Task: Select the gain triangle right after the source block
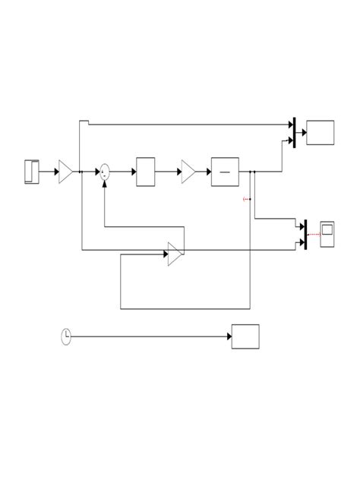(65, 172)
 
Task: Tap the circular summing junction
(105, 172)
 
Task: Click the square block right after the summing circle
(145, 172)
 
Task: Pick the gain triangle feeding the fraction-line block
(188, 172)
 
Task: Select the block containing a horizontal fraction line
(224, 172)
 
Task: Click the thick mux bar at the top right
(294, 132)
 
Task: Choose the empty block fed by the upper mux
(320, 132)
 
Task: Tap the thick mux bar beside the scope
(305, 234)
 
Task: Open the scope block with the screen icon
(328, 234)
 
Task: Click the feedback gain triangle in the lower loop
(175, 254)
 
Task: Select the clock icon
(67, 336)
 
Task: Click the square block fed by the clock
(245, 336)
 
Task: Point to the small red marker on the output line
(245, 199)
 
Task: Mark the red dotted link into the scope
(313, 234)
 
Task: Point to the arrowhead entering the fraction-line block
(207, 172)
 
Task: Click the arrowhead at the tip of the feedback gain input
(165, 254)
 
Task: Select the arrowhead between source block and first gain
(55, 172)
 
